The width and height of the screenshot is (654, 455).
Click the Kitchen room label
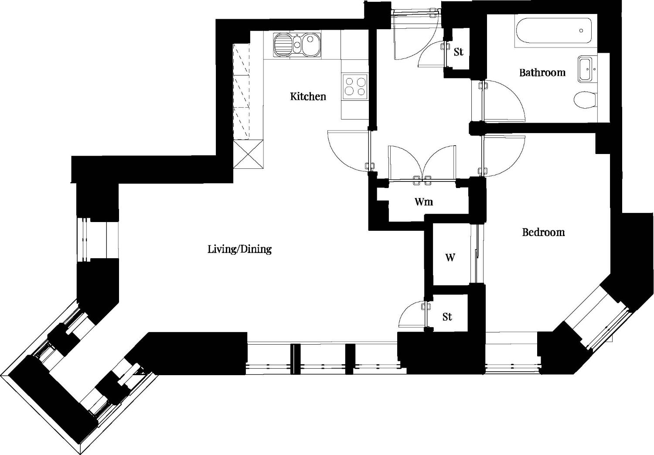coord(308,96)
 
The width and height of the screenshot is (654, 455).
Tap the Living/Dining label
coord(239,249)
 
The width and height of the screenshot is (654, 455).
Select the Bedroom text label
coord(543,233)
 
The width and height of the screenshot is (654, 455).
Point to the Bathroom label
coord(542,72)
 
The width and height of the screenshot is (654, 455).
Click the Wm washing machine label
coord(424,202)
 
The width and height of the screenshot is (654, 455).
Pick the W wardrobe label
coord(450,257)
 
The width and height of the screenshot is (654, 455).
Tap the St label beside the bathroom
coord(458,52)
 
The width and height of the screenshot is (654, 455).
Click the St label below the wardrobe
coord(447,317)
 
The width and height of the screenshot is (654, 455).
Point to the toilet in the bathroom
coord(585,100)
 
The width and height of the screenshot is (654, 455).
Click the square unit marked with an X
coord(249,154)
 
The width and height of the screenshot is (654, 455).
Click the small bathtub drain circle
coord(581,31)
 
